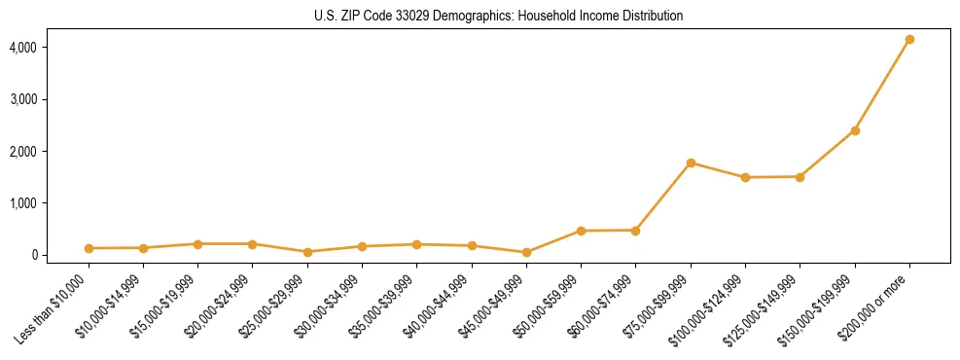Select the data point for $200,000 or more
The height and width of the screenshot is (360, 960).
pyautogui.click(x=909, y=40)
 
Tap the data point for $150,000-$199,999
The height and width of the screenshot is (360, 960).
pyautogui.click(x=855, y=130)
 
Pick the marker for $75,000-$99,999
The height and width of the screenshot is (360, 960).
pyautogui.click(x=691, y=162)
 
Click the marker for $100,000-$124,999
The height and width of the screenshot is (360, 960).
pyautogui.click(x=745, y=177)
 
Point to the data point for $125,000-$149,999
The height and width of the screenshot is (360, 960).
pyautogui.click(x=800, y=177)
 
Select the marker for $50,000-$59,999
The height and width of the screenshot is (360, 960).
pyautogui.click(x=581, y=231)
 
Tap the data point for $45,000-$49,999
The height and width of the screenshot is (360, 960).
pyautogui.click(x=526, y=252)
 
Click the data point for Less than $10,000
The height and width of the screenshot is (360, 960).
pyautogui.click(x=89, y=248)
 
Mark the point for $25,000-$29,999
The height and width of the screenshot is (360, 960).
pyautogui.click(x=307, y=252)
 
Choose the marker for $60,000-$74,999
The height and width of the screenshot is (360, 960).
pyautogui.click(x=635, y=231)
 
